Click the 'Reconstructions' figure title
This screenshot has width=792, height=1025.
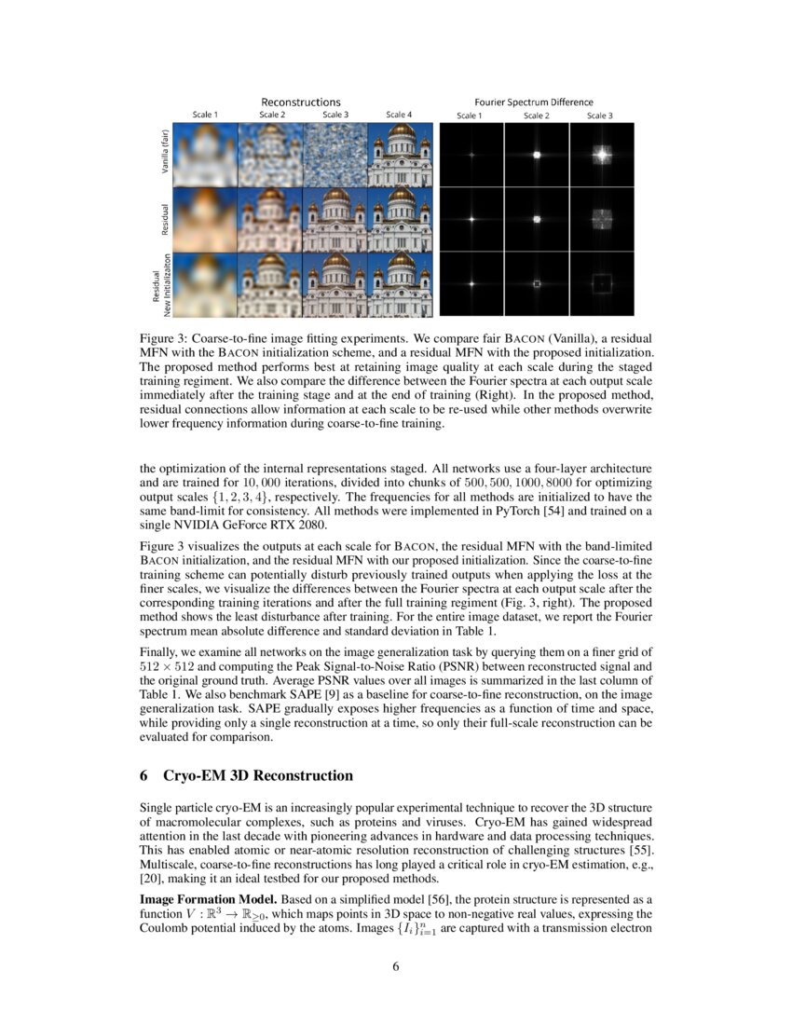coord(300,102)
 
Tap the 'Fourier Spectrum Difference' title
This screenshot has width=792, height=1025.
coord(534,102)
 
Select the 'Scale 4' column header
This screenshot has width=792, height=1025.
coord(400,115)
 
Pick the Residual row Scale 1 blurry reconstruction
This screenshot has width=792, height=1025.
coord(206,219)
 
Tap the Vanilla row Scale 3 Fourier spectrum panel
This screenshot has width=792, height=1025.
coord(601,155)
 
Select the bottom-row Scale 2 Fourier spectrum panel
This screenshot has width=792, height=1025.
coord(536,282)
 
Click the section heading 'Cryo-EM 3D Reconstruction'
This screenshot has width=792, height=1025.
coord(258,775)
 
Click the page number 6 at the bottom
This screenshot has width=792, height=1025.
coord(396,965)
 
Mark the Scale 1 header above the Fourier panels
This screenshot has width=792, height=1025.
coord(469,116)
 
